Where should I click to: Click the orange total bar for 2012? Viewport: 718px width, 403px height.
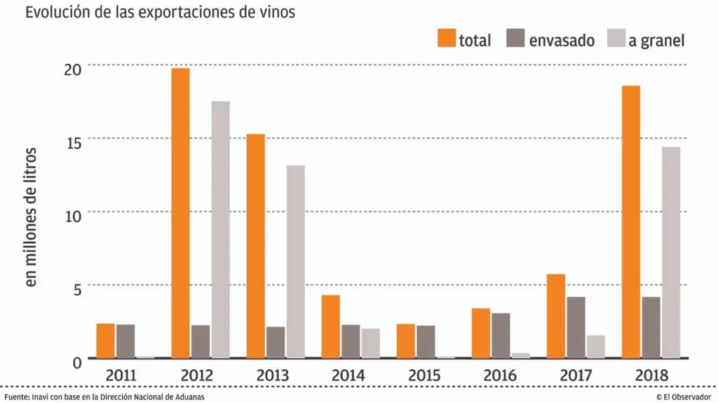(x=181, y=213)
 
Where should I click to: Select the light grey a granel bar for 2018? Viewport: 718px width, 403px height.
(x=671, y=252)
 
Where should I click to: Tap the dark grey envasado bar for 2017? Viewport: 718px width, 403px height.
(x=576, y=327)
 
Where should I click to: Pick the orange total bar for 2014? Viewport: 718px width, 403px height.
(x=331, y=327)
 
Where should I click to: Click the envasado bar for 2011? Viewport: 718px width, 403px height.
(x=126, y=341)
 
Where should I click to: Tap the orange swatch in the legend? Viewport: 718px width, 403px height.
(x=446, y=39)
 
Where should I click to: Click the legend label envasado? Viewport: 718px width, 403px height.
(x=562, y=40)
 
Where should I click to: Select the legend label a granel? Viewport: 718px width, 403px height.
(x=656, y=40)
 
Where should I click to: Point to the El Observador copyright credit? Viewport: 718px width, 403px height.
(x=684, y=397)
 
